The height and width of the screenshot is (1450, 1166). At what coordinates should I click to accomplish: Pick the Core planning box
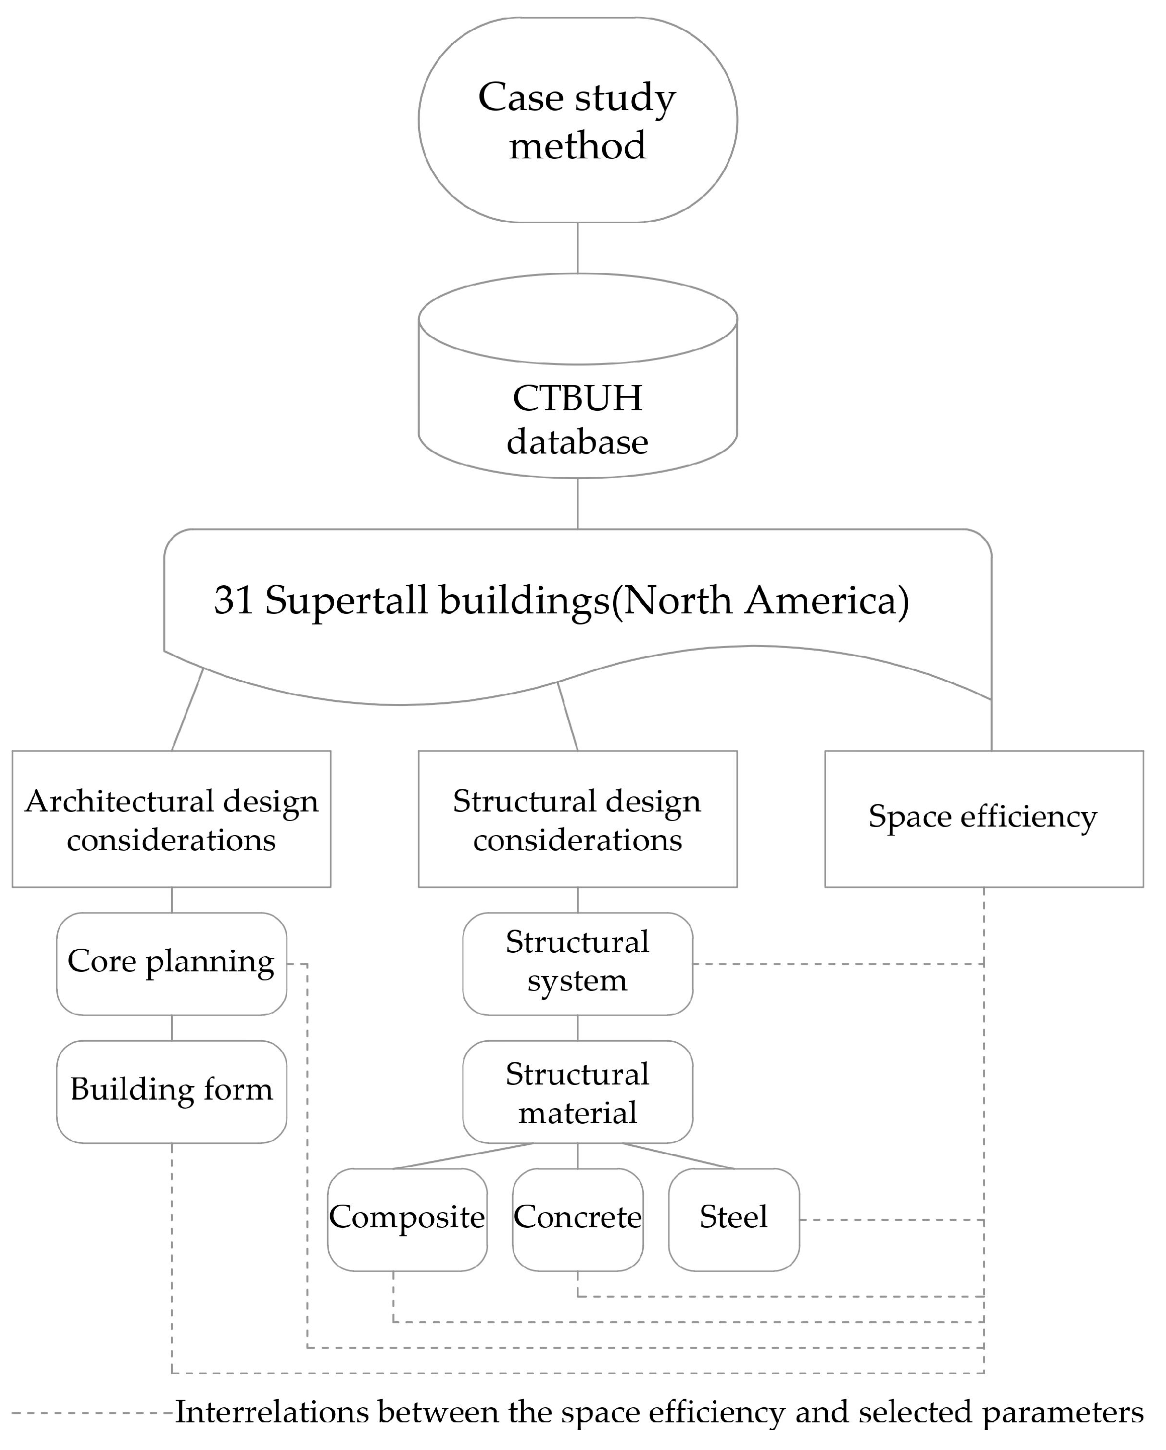tap(171, 963)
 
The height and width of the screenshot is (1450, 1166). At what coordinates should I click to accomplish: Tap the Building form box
tap(171, 1091)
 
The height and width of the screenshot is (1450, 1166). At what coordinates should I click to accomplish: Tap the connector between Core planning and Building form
tap(171, 1028)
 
